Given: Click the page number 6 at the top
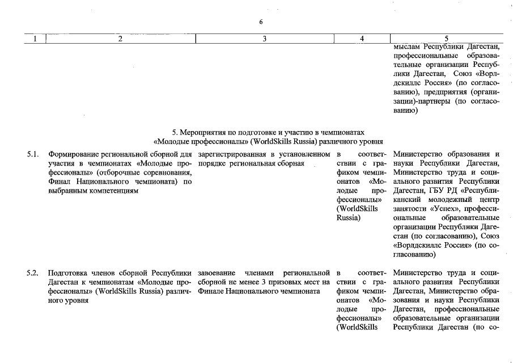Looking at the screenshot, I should coord(261,22).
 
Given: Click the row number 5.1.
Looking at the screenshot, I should coord(33,154).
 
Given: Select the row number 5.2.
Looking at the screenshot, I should coord(33,273).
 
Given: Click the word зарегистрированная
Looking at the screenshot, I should coord(234,154).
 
